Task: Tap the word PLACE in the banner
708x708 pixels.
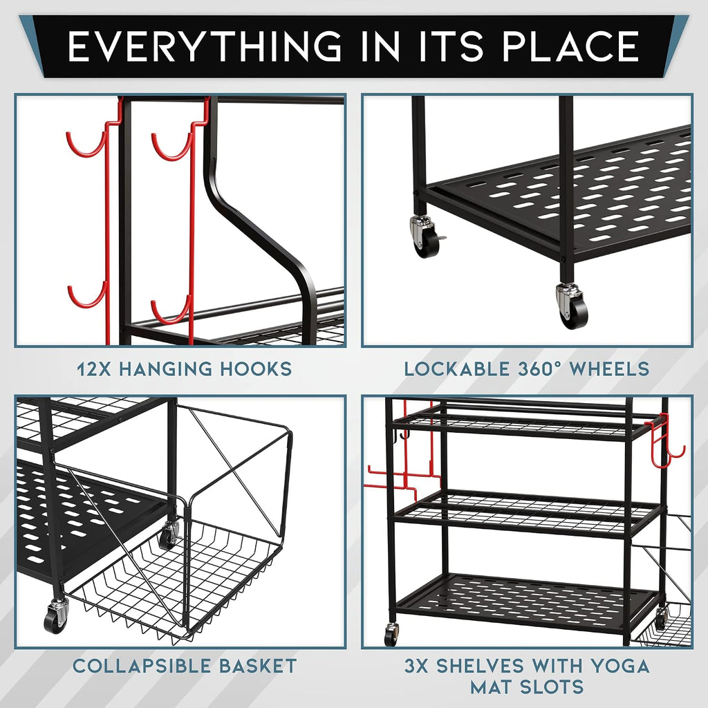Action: coord(570,46)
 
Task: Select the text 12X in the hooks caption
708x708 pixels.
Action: coord(93,369)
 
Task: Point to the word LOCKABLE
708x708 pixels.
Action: coord(456,369)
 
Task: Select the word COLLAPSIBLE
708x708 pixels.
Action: coord(141,666)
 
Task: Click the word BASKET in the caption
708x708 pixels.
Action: coord(257,666)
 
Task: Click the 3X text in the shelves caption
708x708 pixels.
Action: coord(416,666)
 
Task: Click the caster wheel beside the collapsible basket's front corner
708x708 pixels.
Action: coord(56,615)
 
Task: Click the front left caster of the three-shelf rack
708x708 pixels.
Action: coord(391,634)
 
